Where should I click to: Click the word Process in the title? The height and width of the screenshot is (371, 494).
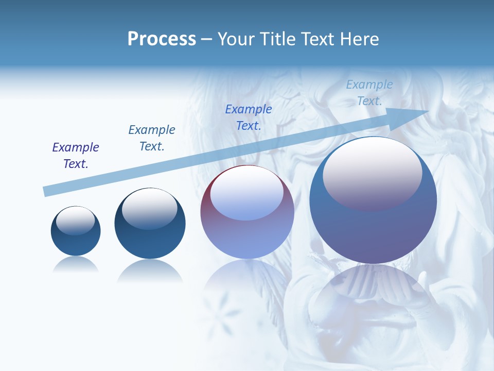click(x=162, y=39)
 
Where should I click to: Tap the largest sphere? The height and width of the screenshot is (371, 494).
click(x=373, y=227)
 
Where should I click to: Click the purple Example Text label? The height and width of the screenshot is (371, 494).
click(x=76, y=155)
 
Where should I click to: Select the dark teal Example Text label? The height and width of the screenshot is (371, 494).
click(x=152, y=138)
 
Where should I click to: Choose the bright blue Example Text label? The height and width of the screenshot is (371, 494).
click(x=249, y=117)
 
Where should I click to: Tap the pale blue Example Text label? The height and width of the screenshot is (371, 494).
click(x=369, y=92)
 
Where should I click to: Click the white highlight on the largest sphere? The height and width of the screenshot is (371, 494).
click(x=372, y=170)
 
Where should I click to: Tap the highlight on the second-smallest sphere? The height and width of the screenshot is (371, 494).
click(x=149, y=209)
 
